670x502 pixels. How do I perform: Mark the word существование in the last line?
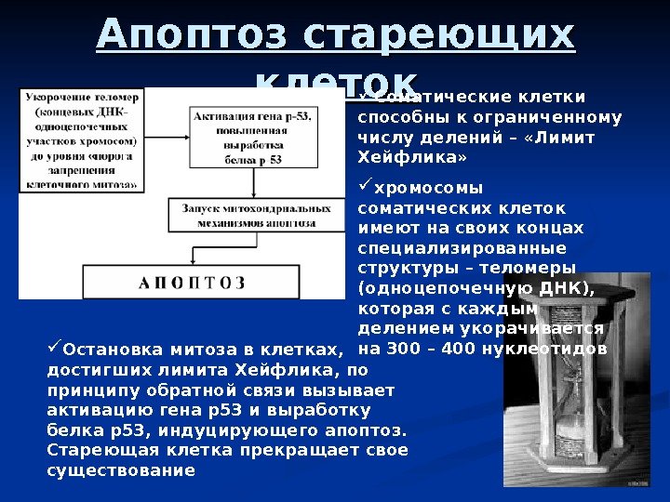[121, 469]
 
